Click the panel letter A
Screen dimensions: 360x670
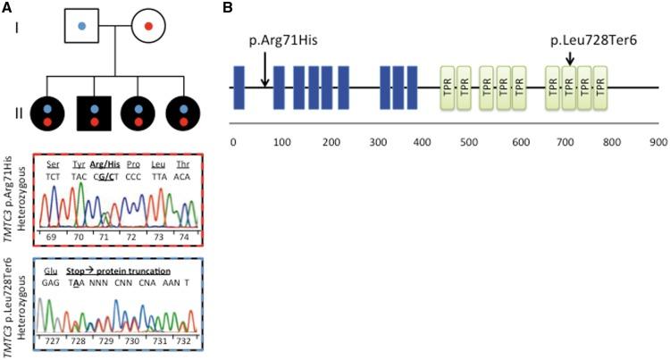click(x=6, y=9)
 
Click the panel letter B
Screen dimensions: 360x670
click(x=228, y=9)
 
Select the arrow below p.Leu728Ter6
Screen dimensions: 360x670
click(x=569, y=59)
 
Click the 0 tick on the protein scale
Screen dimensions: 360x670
click(x=233, y=141)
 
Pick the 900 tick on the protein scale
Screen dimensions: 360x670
click(x=658, y=141)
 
